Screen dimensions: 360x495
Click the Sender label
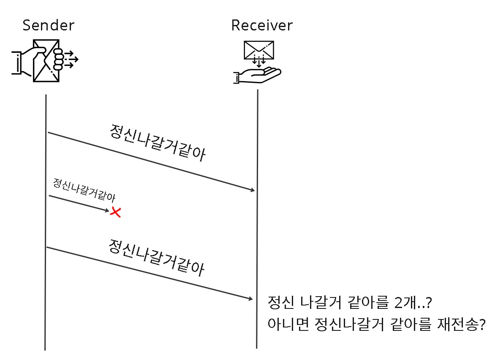[48, 25]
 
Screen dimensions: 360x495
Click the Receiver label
[261, 25]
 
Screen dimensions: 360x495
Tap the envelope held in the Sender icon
[46, 61]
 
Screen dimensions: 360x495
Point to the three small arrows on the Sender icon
[71, 59]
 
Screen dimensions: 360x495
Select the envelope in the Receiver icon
[258, 50]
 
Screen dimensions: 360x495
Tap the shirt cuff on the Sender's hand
[17, 63]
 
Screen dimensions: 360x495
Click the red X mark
[115, 212]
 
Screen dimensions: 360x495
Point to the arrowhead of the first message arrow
[253, 190]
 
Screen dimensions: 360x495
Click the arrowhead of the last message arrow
[250, 299]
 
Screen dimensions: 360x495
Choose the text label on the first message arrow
[157, 143]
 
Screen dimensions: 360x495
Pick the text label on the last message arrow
[156, 258]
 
